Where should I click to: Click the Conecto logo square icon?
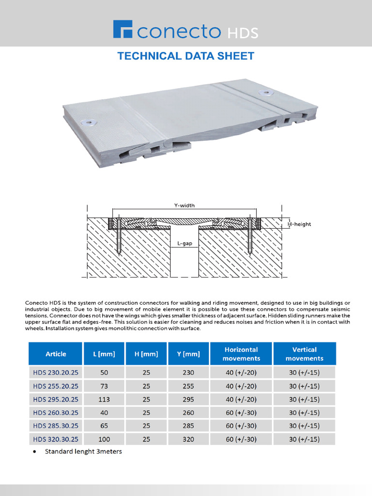[123, 29]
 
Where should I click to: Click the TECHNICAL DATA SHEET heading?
[186, 56]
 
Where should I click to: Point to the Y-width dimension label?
[184, 205]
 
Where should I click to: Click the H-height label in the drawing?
[300, 224]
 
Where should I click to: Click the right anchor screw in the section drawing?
[250, 237]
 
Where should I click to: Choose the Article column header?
[56, 354]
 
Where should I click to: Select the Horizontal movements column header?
[241, 354]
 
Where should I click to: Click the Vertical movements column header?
[304, 354]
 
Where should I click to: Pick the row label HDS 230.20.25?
[56, 373]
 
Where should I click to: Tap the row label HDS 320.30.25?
[56, 439]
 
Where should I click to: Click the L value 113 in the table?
[104, 400]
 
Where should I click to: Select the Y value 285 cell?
[188, 426]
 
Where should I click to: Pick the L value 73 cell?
[104, 387]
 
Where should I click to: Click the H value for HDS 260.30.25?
[146, 413]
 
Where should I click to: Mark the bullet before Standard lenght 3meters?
[34, 452]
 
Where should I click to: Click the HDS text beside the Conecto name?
[243, 33]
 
